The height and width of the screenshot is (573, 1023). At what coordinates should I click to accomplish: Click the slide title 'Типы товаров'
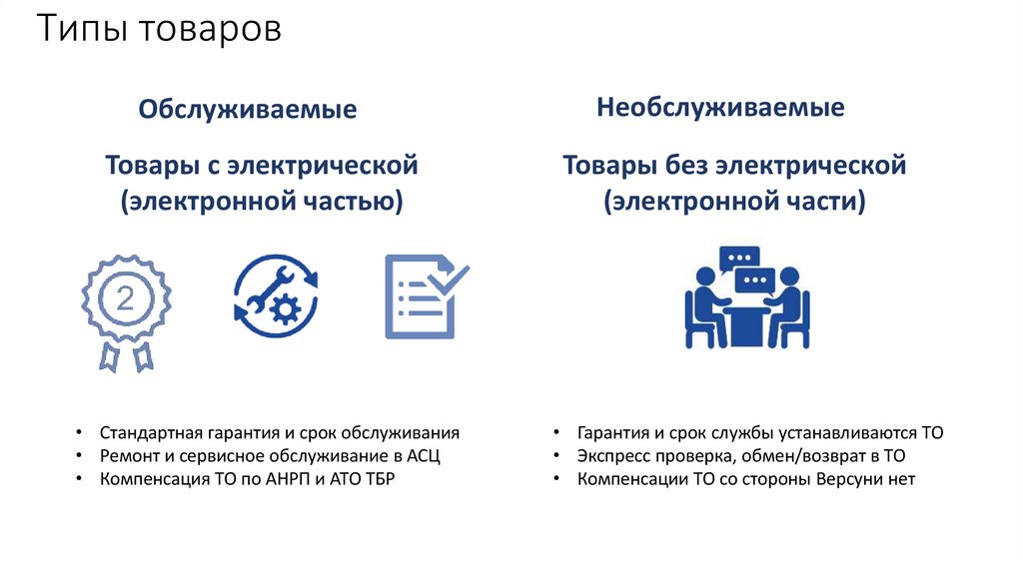pyautogui.click(x=160, y=30)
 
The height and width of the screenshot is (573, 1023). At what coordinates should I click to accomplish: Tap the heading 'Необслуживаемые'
pyautogui.click(x=720, y=108)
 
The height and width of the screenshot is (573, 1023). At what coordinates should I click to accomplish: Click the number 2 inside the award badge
pyautogui.click(x=125, y=296)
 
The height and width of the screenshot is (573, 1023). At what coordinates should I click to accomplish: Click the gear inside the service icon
pyautogui.click(x=287, y=310)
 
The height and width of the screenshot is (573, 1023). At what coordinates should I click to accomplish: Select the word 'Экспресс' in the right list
pyautogui.click(x=611, y=456)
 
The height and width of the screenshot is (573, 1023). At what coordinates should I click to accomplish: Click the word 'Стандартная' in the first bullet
pyautogui.click(x=152, y=433)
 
